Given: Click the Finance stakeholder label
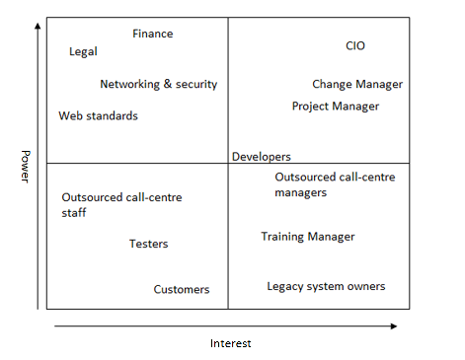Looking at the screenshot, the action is [152, 34].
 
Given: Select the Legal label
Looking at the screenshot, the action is [83, 52].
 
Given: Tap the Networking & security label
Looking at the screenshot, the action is [158, 85].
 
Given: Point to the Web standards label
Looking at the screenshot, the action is [98, 116].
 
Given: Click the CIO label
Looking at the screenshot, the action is [355, 46].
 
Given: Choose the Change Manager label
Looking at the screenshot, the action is [358, 85].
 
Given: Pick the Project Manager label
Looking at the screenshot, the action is [336, 107].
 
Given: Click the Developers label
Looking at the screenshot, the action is [261, 157].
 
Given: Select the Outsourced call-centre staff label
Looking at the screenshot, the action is [121, 204].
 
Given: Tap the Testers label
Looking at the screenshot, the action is [148, 244].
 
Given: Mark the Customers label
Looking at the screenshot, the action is [181, 290].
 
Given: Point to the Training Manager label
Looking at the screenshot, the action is [307, 237].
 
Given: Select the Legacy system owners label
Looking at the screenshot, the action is [326, 287].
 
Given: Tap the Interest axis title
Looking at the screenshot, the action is [230, 343].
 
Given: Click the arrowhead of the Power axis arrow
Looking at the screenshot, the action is [38, 26].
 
